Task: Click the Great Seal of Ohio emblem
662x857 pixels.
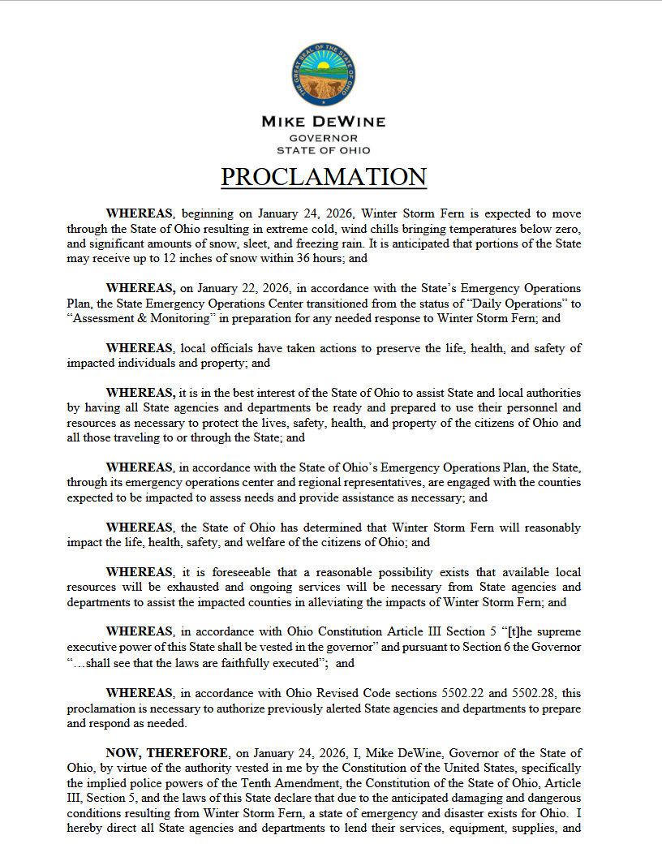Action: point(323,74)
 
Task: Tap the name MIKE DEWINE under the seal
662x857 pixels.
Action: point(323,122)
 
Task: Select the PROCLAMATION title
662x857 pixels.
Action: point(324,177)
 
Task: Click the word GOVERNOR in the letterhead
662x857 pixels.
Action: point(323,138)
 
